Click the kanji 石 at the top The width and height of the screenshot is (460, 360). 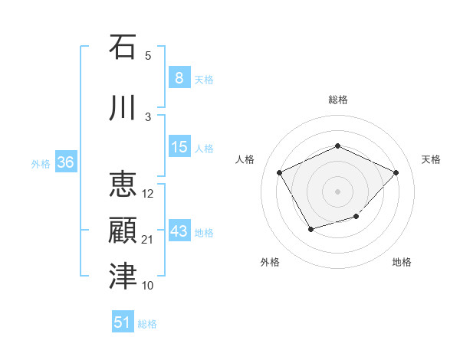[x=123, y=47]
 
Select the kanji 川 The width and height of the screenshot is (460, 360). [x=123, y=107]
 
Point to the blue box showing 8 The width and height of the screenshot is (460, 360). [x=179, y=78]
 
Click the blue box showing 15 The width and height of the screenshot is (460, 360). [x=179, y=147]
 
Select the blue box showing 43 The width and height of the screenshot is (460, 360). [x=179, y=231]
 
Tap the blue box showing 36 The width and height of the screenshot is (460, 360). [x=65, y=162]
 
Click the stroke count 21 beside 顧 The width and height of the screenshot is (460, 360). [x=148, y=240]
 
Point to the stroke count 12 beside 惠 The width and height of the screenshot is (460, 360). [x=148, y=194]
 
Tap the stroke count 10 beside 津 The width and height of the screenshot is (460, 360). [x=148, y=286]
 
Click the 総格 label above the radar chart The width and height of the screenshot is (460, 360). [x=338, y=100]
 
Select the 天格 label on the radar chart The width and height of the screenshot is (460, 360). [x=432, y=159]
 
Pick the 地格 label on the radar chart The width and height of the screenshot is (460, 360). [x=402, y=262]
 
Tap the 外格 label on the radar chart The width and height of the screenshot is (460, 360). [x=270, y=262]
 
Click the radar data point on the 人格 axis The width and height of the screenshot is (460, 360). [x=280, y=172]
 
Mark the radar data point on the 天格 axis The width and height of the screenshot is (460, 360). [x=396, y=172]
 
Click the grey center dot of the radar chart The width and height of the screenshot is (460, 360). [x=337, y=191]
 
